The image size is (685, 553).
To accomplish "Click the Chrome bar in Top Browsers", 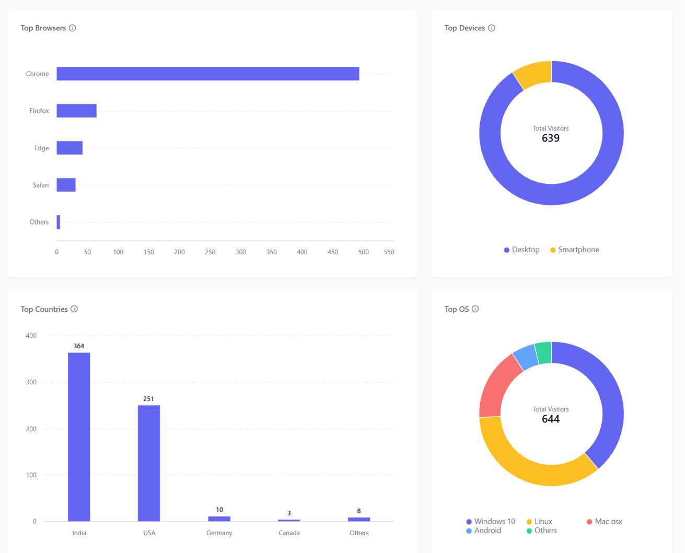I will pyautogui.click(x=208, y=74).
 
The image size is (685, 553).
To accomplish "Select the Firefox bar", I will pyautogui.click(x=76, y=111).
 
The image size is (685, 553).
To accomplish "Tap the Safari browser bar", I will pyautogui.click(x=66, y=185).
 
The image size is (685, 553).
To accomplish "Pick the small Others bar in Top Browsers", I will pyautogui.click(x=59, y=222).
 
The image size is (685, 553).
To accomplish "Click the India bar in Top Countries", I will pyautogui.click(x=79, y=437).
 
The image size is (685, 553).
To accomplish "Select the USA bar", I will pyautogui.click(x=149, y=463).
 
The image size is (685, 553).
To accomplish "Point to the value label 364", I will pyautogui.click(x=79, y=346).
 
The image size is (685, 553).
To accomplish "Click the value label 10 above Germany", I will pyautogui.click(x=219, y=510).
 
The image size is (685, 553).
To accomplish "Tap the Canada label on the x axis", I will pyautogui.click(x=289, y=533).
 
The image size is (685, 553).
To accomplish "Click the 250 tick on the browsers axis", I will pyautogui.click(x=210, y=252).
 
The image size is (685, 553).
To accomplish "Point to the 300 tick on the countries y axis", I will pyautogui.click(x=31, y=382).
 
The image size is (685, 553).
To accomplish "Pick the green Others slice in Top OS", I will pyautogui.click(x=544, y=353).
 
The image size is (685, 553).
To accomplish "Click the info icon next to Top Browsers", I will pyautogui.click(x=73, y=28).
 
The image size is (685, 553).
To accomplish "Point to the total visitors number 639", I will pyautogui.click(x=551, y=138).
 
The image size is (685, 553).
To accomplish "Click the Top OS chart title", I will pyautogui.click(x=457, y=309).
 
